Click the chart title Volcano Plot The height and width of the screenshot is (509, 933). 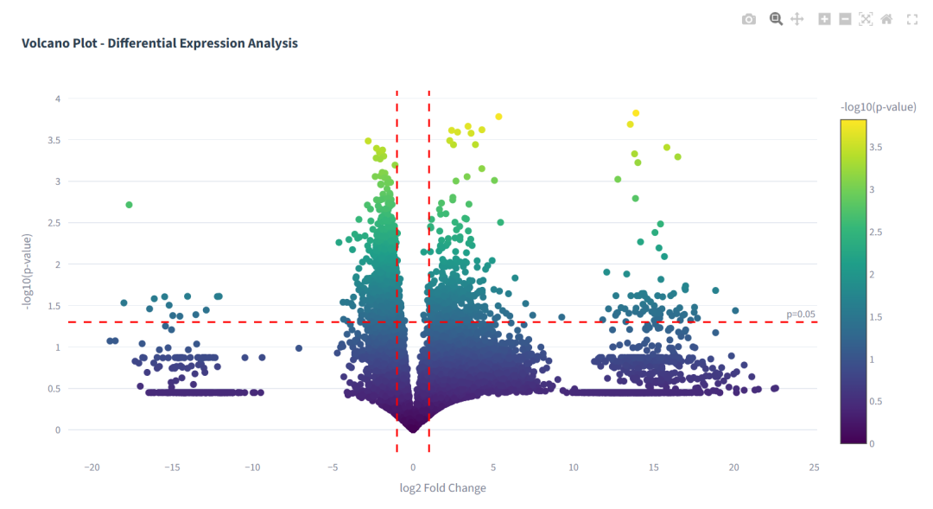point(160,43)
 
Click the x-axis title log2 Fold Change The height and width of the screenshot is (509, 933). point(442,488)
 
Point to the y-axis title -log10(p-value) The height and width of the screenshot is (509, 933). point(28,271)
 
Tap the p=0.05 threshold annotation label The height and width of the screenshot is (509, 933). point(800,314)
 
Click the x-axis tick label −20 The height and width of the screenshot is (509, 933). point(91,468)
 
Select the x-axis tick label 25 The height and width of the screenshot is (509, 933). point(814,468)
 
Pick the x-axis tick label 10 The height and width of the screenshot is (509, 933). point(573,468)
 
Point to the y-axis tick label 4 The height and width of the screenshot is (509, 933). point(58,99)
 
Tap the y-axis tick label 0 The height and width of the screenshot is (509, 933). point(58,430)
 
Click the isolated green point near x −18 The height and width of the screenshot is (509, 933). point(129,205)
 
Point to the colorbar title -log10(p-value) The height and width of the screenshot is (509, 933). point(878,107)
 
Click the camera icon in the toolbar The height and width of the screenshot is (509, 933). point(749,19)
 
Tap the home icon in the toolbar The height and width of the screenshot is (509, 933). point(886,19)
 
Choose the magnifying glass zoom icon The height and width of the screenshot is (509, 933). point(776,19)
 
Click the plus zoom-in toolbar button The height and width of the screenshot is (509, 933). point(824,19)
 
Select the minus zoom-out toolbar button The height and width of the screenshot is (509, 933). point(845,19)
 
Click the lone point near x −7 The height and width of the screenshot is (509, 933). point(299,348)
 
